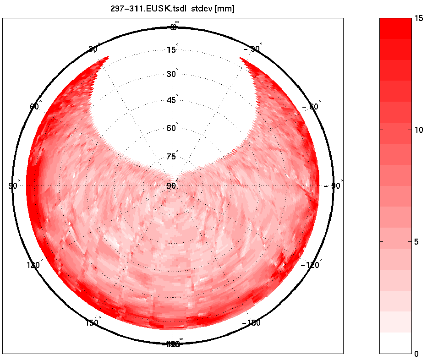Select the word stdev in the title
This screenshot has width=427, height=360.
202,9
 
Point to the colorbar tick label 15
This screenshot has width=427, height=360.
418,18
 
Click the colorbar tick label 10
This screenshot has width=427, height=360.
418,130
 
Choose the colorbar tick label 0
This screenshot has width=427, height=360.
416,354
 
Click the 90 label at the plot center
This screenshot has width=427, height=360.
171,186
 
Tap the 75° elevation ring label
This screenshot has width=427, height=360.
171,157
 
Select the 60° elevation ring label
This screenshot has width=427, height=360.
171,128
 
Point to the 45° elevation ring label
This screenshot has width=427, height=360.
171,100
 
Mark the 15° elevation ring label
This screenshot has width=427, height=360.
171,49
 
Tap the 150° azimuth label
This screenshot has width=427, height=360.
92,323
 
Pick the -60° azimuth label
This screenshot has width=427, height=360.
312,107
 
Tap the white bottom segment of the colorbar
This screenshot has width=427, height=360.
395,343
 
